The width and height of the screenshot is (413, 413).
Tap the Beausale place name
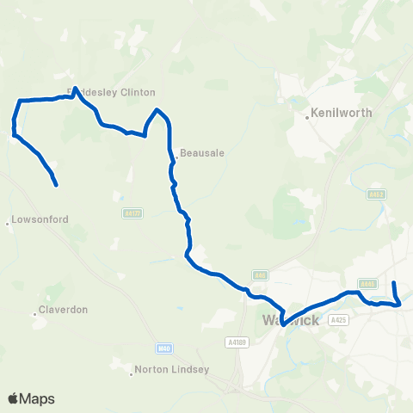coord(202,154)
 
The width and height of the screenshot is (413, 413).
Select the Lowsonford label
coord(40,220)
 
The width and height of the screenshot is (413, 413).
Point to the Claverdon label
coord(65,310)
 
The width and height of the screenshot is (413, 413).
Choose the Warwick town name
coord(290,321)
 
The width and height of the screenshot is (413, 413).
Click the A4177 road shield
coord(132,213)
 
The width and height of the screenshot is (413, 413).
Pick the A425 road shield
coord(338,320)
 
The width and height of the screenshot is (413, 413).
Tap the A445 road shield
coord(367,283)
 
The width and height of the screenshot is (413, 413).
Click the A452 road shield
coord(376,194)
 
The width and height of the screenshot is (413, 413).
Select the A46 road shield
coord(260,275)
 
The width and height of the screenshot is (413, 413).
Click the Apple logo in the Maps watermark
coord(14,398)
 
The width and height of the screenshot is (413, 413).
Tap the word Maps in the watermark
coord(38,398)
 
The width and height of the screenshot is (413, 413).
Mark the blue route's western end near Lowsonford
coord(56,185)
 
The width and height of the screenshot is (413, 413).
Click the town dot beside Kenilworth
coord(308,113)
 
